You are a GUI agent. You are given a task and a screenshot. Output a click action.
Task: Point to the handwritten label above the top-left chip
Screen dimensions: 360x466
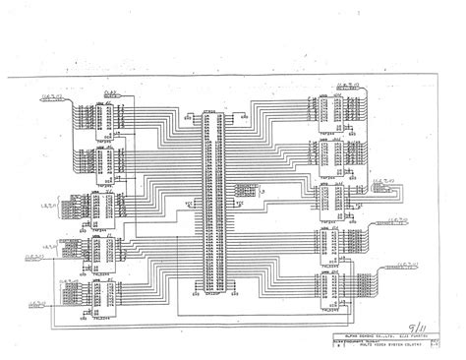(x=112, y=90)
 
